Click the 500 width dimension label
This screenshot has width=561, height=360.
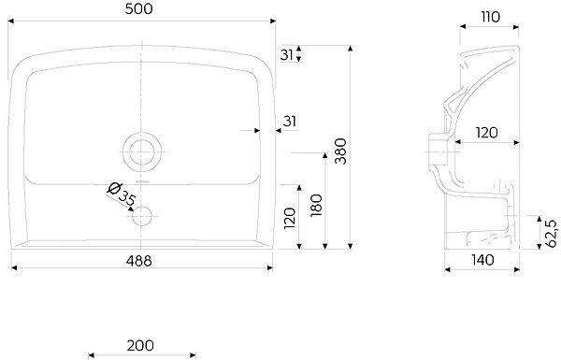click(138, 9)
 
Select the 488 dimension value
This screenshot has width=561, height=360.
click(138, 261)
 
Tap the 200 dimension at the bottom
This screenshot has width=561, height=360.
click(140, 345)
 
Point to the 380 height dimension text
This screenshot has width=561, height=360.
click(340, 151)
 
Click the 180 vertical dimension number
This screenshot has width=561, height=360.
click(317, 206)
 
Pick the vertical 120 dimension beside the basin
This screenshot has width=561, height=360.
click(290, 218)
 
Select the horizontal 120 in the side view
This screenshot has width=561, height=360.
click(486, 133)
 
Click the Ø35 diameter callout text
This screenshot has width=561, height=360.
click(122, 195)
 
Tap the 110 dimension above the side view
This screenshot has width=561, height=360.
click(490, 17)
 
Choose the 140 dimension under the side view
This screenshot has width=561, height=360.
click(482, 260)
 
